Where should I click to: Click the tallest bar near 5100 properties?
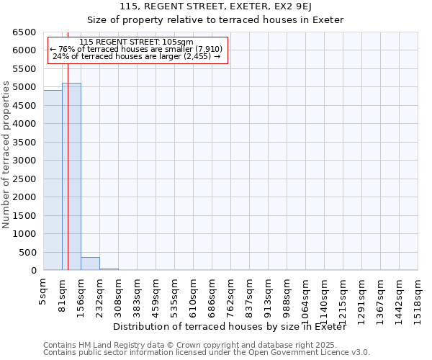(x=71, y=176)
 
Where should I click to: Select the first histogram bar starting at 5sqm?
(x=53, y=180)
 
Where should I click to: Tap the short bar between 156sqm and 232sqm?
(x=90, y=264)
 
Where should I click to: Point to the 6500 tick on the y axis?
(x=24, y=32)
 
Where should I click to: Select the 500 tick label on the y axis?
(x=27, y=253)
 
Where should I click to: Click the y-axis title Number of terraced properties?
(x=6, y=154)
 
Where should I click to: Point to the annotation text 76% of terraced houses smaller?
(x=137, y=49)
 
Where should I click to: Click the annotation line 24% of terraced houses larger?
(x=137, y=56)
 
